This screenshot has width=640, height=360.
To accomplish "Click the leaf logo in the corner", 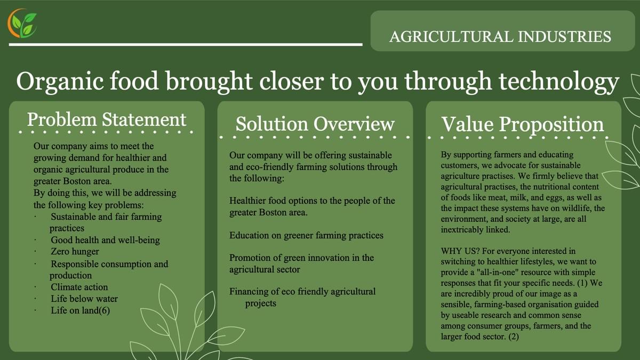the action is click(x=22, y=23).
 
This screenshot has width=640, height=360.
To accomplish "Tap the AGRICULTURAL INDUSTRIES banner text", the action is click(x=500, y=37).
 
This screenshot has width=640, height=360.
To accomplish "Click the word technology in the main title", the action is click(x=559, y=82).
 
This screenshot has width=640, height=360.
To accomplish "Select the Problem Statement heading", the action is click(x=107, y=119).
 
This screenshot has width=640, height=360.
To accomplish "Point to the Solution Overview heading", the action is click(x=315, y=124).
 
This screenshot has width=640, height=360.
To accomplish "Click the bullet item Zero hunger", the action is click(x=75, y=251).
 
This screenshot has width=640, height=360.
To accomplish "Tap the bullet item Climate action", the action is click(x=79, y=287).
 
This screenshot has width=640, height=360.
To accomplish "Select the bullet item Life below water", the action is click(x=84, y=299).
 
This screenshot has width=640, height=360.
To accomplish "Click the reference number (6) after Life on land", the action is click(x=105, y=310).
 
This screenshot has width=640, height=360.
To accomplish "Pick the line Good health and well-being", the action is click(x=105, y=240).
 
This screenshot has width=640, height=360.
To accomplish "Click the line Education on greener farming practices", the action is click(x=306, y=235).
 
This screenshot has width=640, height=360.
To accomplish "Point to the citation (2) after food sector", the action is click(x=514, y=337).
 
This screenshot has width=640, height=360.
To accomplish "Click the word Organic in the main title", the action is click(x=60, y=82).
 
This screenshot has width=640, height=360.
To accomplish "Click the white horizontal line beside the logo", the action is click(x=186, y=45).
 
